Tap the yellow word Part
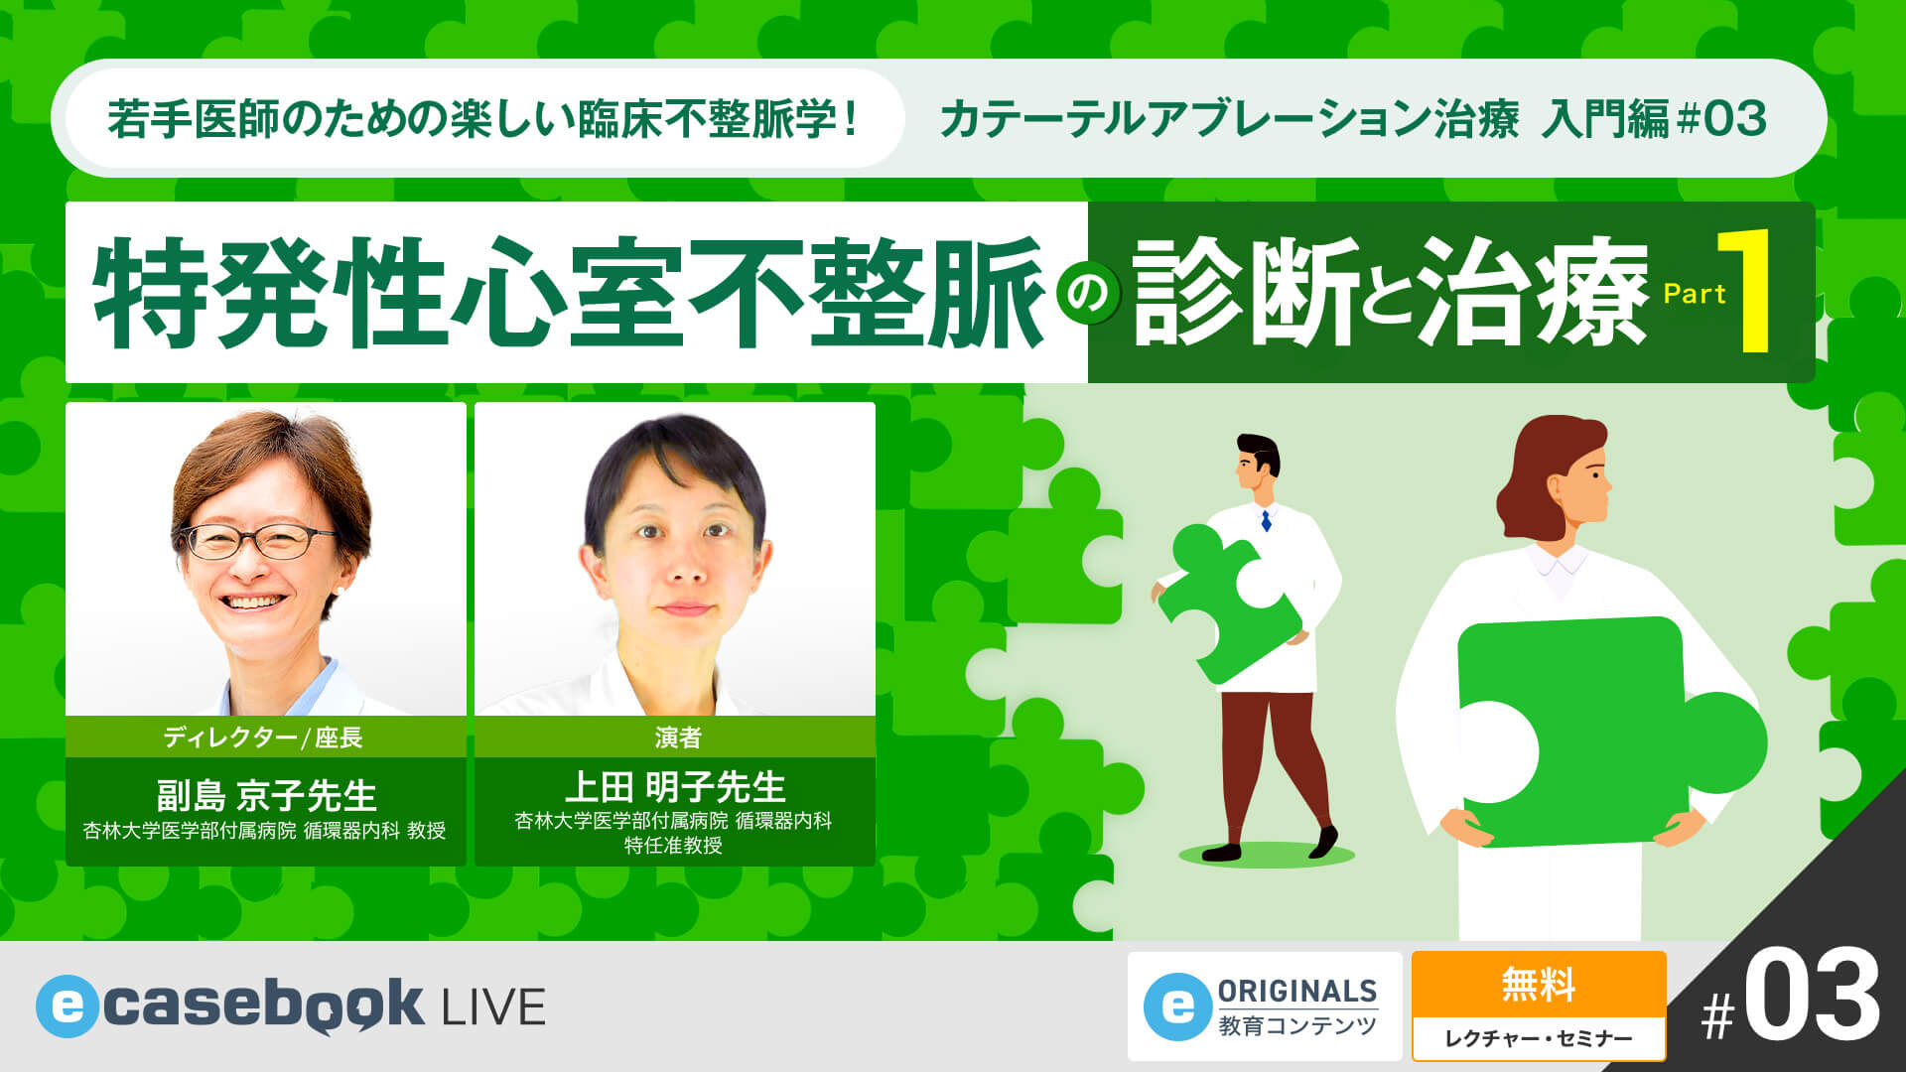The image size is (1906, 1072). click(1695, 294)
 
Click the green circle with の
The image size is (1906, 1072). click(1088, 295)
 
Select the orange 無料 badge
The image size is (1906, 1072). click(1538, 986)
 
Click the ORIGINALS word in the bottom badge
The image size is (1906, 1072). click(1296, 991)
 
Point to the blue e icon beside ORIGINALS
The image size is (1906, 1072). click(1177, 1007)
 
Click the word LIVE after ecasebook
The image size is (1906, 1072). click(493, 1007)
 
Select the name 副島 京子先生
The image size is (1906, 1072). click(266, 795)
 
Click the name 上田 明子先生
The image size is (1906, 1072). click(675, 787)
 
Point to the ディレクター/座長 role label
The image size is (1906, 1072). click(264, 737)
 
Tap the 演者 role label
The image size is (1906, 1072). click(677, 737)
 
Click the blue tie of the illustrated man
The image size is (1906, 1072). click(1266, 520)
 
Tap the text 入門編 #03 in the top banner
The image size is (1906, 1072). click(1654, 119)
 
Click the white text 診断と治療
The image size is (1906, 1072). click(1390, 293)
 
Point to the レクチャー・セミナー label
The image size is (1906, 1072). click(1538, 1038)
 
